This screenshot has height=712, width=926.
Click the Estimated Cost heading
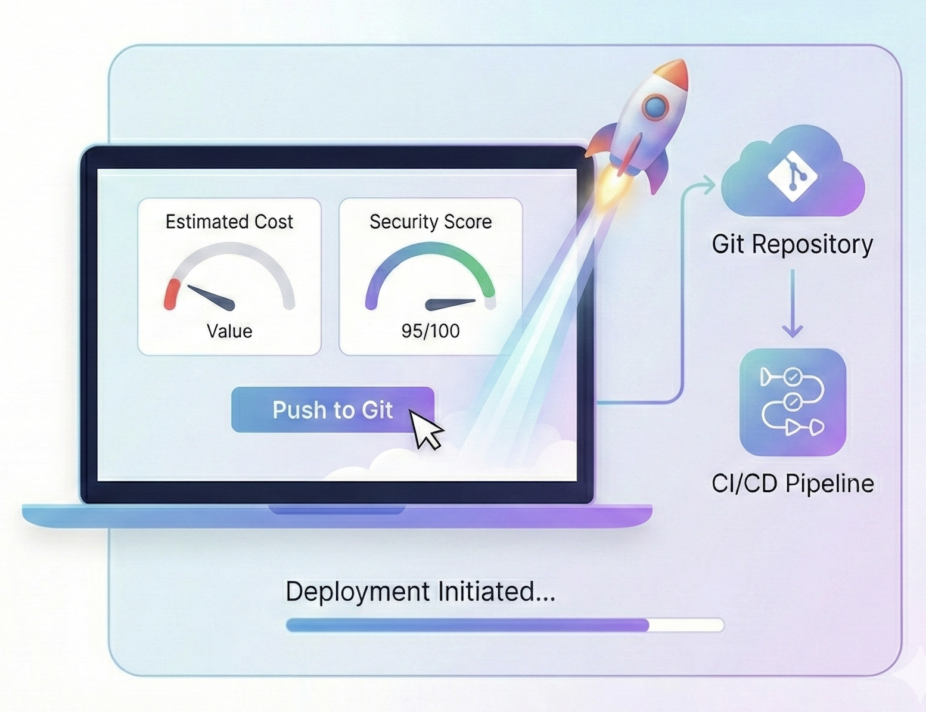229,222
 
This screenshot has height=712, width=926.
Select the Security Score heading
430,222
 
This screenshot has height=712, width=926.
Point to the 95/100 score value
430,331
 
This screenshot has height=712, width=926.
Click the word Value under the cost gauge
229,331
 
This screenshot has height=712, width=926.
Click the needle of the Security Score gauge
450,304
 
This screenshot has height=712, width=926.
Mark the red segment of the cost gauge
172,294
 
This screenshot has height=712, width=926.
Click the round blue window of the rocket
655,107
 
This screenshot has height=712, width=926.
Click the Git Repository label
792,244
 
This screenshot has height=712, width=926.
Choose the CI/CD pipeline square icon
793,402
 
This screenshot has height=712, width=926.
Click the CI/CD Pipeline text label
793,483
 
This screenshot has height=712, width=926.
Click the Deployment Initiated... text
420,592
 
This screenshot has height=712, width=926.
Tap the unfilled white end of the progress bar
686,625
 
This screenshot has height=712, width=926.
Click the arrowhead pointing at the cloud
709,185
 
